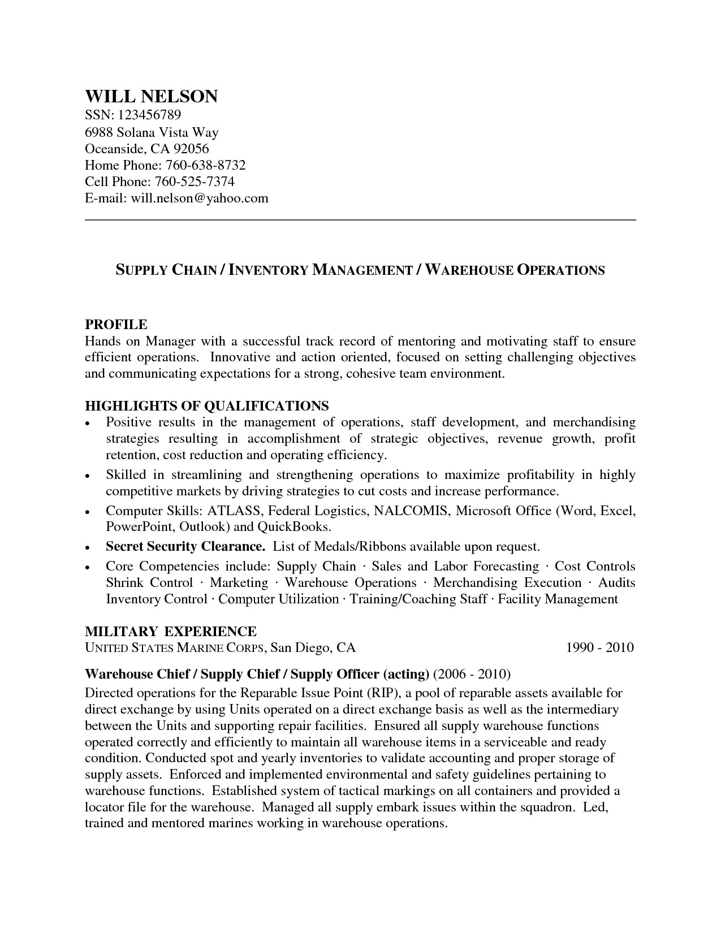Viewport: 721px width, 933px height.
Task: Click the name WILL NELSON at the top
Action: (x=151, y=96)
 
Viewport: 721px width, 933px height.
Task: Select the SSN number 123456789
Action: (x=149, y=115)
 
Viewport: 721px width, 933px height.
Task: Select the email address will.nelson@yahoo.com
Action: (x=200, y=198)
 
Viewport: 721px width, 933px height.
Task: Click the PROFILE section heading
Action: (x=116, y=324)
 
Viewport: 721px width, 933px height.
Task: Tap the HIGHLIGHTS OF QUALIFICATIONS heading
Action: (x=206, y=406)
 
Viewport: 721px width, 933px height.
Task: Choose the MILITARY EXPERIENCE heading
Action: (x=170, y=631)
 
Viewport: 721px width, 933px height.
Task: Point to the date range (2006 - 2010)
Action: (x=472, y=674)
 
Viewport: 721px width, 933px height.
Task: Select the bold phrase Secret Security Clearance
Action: (x=185, y=547)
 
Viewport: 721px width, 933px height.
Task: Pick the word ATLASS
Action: (x=234, y=511)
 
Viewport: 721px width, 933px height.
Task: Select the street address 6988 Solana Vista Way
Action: (x=152, y=132)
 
